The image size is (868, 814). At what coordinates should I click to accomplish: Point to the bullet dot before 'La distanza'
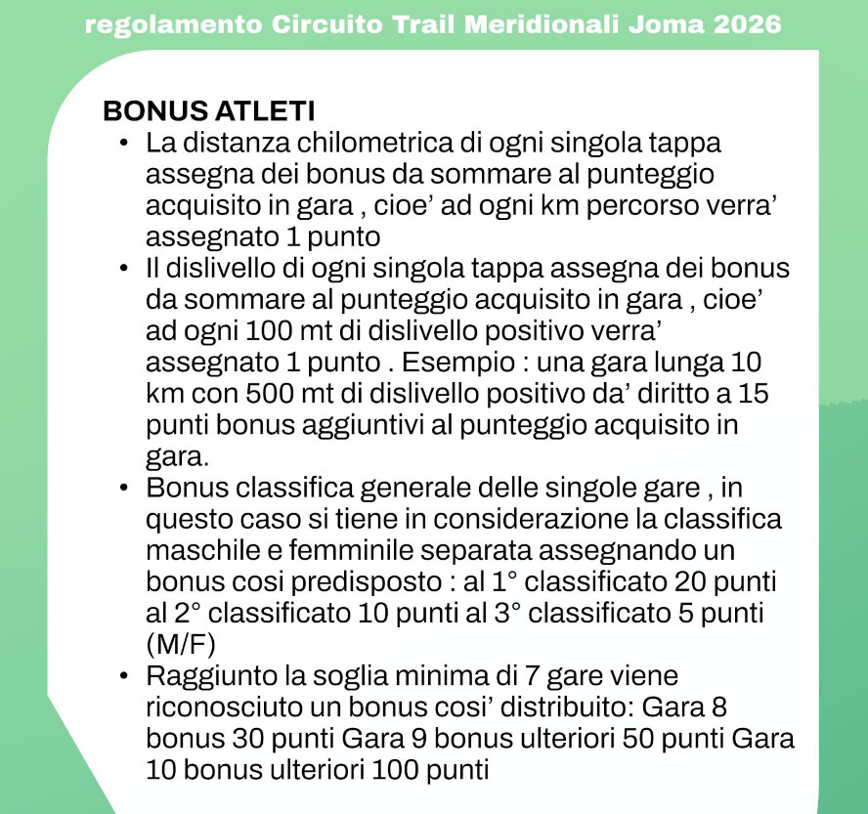coord(124,144)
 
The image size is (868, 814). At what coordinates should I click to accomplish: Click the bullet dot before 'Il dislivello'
coord(124,268)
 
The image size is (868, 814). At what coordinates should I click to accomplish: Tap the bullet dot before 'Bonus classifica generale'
coord(124,487)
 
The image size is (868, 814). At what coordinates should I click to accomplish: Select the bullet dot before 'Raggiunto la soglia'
coord(124,676)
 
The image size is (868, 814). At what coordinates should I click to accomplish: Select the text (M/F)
coord(181,644)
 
